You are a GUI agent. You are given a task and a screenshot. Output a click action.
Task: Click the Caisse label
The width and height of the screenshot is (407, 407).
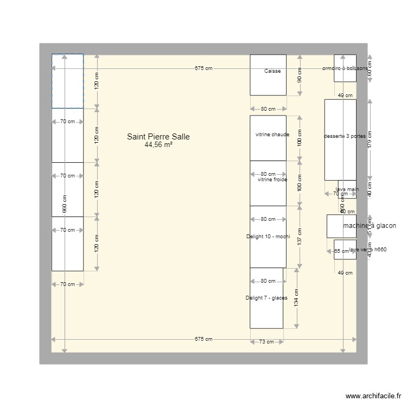(x=272, y=71)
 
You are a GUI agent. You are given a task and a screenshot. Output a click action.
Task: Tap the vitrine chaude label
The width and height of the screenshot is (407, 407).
(x=272, y=134)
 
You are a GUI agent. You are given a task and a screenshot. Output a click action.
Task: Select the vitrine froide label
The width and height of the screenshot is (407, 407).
(x=272, y=180)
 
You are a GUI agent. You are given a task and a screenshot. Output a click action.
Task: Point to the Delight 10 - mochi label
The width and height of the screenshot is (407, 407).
(x=268, y=237)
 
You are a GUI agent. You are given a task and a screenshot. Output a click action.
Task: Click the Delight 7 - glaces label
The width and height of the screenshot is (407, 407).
(x=266, y=297)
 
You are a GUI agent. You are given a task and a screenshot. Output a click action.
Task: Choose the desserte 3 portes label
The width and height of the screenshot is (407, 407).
(x=345, y=136)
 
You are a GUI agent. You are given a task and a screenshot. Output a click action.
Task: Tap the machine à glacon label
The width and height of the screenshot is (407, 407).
(x=370, y=226)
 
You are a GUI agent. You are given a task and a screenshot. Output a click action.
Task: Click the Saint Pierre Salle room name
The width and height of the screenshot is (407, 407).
(x=158, y=137)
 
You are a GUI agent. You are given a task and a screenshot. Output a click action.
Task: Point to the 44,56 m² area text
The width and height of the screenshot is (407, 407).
(x=158, y=145)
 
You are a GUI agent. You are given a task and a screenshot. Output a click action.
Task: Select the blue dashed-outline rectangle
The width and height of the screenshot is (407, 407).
(x=67, y=81)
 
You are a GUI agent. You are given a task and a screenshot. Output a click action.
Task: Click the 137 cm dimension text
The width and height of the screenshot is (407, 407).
(x=300, y=237)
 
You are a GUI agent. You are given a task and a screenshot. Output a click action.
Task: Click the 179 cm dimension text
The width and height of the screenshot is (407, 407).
(x=370, y=139)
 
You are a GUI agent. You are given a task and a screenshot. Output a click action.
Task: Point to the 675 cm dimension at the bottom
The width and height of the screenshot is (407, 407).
(x=203, y=339)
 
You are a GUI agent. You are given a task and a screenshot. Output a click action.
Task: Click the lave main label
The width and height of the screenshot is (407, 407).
(x=347, y=189)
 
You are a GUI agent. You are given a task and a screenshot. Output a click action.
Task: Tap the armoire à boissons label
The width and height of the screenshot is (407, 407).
(x=345, y=68)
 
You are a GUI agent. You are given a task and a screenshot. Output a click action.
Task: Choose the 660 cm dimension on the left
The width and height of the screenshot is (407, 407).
(x=64, y=203)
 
